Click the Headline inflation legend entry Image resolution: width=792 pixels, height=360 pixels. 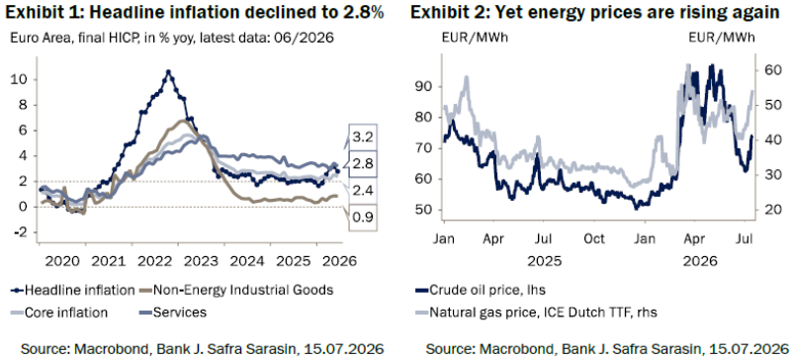point(72,290)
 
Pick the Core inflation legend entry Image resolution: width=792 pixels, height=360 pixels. point(59,313)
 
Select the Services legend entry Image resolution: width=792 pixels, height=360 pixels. point(173,313)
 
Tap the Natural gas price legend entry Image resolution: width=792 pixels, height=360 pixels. point(535,313)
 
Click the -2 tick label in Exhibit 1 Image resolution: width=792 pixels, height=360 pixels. point(22,232)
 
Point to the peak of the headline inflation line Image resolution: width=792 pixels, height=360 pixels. point(168,71)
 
